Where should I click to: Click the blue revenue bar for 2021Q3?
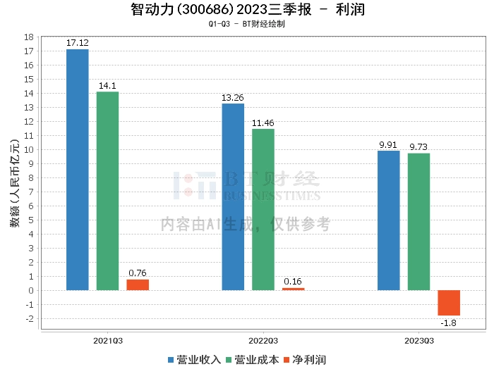click(77, 170)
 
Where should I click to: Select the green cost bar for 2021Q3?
click(107, 191)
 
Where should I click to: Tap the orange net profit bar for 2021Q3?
click(138, 284)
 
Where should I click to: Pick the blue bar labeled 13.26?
click(233, 196)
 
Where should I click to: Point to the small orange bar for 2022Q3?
click(293, 289)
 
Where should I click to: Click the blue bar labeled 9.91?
click(388, 220)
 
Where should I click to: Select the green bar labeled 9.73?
click(418, 222)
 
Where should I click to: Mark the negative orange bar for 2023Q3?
click(449, 303)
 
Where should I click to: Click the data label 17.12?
click(77, 43)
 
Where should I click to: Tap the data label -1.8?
click(450, 323)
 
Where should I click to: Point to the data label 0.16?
click(293, 282)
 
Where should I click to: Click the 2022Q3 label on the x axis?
click(263, 341)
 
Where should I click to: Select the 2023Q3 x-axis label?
click(419, 341)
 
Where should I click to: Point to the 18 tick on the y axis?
click(29, 37)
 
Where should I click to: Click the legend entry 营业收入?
click(195, 360)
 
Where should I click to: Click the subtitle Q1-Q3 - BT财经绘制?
click(246, 24)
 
